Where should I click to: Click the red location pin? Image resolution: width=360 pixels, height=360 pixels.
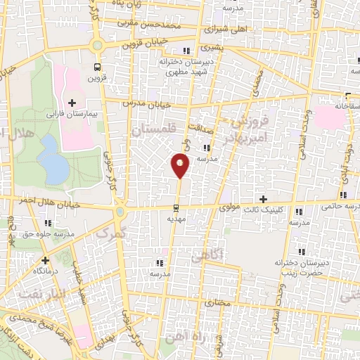(x=180, y=165)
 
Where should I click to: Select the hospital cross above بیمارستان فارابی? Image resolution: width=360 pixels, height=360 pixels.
(x=72, y=103)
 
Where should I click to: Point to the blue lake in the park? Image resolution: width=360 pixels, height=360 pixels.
(x=50, y=158)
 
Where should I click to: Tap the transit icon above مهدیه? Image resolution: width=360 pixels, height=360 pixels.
(x=176, y=207)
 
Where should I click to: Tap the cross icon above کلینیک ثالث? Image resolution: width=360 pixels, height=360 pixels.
(x=264, y=200)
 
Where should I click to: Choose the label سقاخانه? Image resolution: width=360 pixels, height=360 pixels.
(x=345, y=105)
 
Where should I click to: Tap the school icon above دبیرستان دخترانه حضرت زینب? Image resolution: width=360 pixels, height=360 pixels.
(x=302, y=251)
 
